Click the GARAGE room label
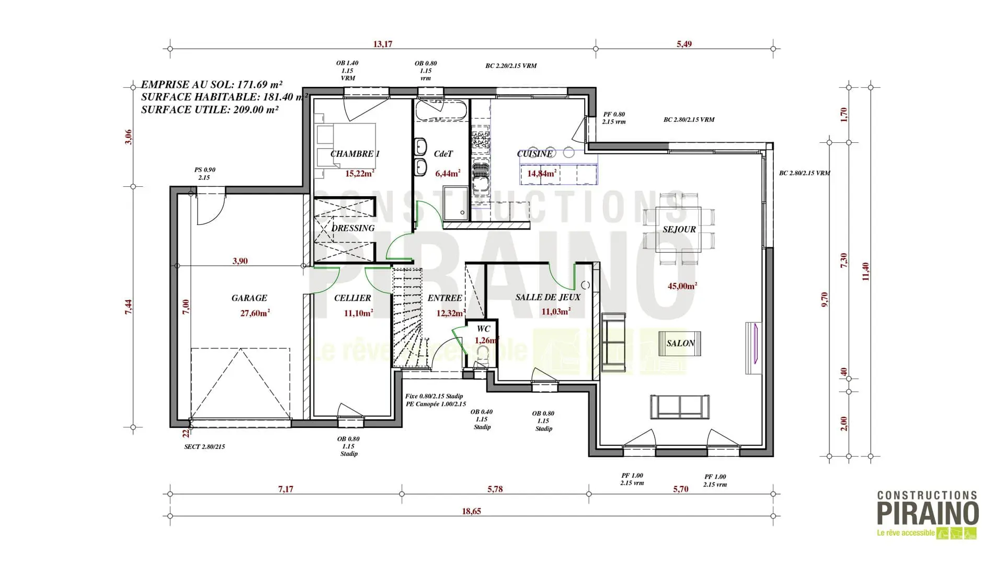(x=249, y=298)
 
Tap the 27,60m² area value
(x=255, y=313)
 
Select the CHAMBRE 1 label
(x=355, y=154)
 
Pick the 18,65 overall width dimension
(x=471, y=511)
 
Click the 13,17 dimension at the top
(x=382, y=44)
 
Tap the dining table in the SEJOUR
(x=678, y=229)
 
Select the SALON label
(x=680, y=343)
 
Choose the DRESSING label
(x=353, y=228)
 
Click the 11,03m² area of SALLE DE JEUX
(x=556, y=311)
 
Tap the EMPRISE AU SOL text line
(x=212, y=84)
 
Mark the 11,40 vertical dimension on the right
(x=865, y=272)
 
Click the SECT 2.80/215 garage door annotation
(x=204, y=447)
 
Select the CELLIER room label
(x=352, y=298)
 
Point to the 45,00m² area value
(x=682, y=286)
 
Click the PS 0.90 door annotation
(x=204, y=169)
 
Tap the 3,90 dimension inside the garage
(x=240, y=261)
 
